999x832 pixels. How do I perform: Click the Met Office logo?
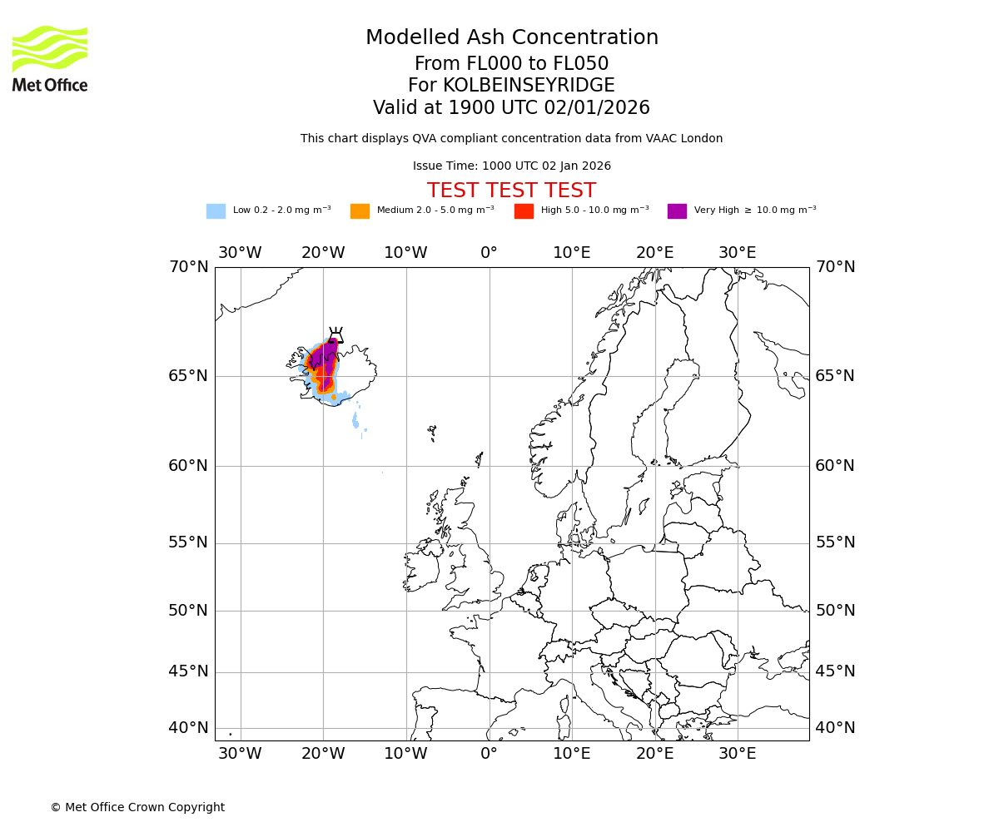pos(50,58)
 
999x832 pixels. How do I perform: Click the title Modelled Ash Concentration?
pos(511,38)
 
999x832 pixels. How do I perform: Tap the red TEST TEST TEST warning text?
pos(511,191)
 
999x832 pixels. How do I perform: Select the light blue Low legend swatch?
pos(216,211)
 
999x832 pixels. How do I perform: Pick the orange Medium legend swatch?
pos(360,211)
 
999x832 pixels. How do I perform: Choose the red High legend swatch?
pos(524,211)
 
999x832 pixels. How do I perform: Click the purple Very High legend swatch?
pos(677,211)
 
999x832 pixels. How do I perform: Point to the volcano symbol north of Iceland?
pos(335,335)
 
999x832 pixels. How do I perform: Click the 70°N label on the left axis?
pos(188,267)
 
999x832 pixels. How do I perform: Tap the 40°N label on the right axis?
pos(834,728)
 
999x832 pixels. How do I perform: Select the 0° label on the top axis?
pos(489,253)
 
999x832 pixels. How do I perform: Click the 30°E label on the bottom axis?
pos(737,754)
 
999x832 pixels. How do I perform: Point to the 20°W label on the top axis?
pos(323,253)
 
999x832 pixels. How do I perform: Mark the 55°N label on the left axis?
pos(188,542)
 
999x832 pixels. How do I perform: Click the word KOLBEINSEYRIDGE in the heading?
pos(529,86)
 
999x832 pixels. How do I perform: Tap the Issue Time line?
pos(511,166)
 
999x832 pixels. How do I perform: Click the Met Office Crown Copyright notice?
pos(137,807)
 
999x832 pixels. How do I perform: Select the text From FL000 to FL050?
pos(511,64)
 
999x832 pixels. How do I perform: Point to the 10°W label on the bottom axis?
pos(405,754)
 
